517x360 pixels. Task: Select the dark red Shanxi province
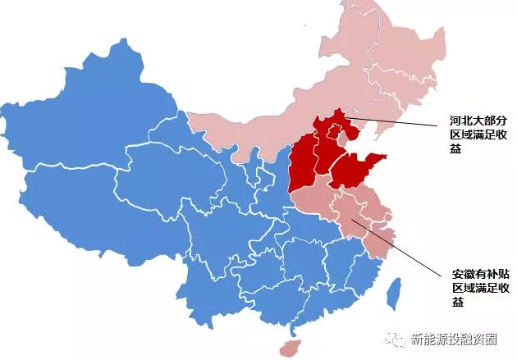(301, 164)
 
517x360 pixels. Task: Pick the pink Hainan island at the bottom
(288, 348)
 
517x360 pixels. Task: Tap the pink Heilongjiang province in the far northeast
(394, 49)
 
